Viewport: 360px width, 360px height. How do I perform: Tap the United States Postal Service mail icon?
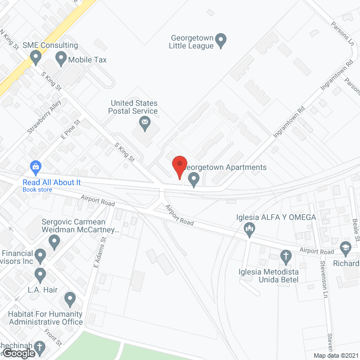click(145, 123)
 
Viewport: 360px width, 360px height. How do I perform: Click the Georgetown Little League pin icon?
click(221, 40)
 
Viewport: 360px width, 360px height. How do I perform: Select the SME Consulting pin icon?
click(37, 57)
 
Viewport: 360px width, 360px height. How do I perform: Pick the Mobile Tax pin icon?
click(60, 58)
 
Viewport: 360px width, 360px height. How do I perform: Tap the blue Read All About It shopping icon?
click(36, 167)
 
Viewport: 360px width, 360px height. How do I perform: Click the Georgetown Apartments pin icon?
click(194, 180)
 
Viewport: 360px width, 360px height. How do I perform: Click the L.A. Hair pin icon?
click(40, 276)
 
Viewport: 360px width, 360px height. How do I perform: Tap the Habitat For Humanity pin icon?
click(70, 298)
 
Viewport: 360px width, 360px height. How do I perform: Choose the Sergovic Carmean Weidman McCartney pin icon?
click(55, 242)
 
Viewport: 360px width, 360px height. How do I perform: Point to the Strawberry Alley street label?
click(44, 117)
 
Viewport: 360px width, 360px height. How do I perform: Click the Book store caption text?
click(37, 190)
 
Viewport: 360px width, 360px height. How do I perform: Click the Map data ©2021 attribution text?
click(335, 355)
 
